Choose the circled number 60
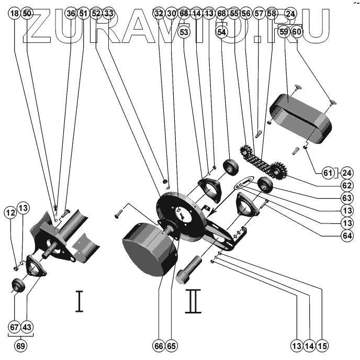(x=297, y=32)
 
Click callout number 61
(x=328, y=173)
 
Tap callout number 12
(x=10, y=212)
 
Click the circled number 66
(x=159, y=345)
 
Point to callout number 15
(x=322, y=345)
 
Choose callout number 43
(x=27, y=328)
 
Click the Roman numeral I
(x=79, y=301)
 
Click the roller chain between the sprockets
(x=256, y=162)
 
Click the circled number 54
(x=222, y=32)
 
